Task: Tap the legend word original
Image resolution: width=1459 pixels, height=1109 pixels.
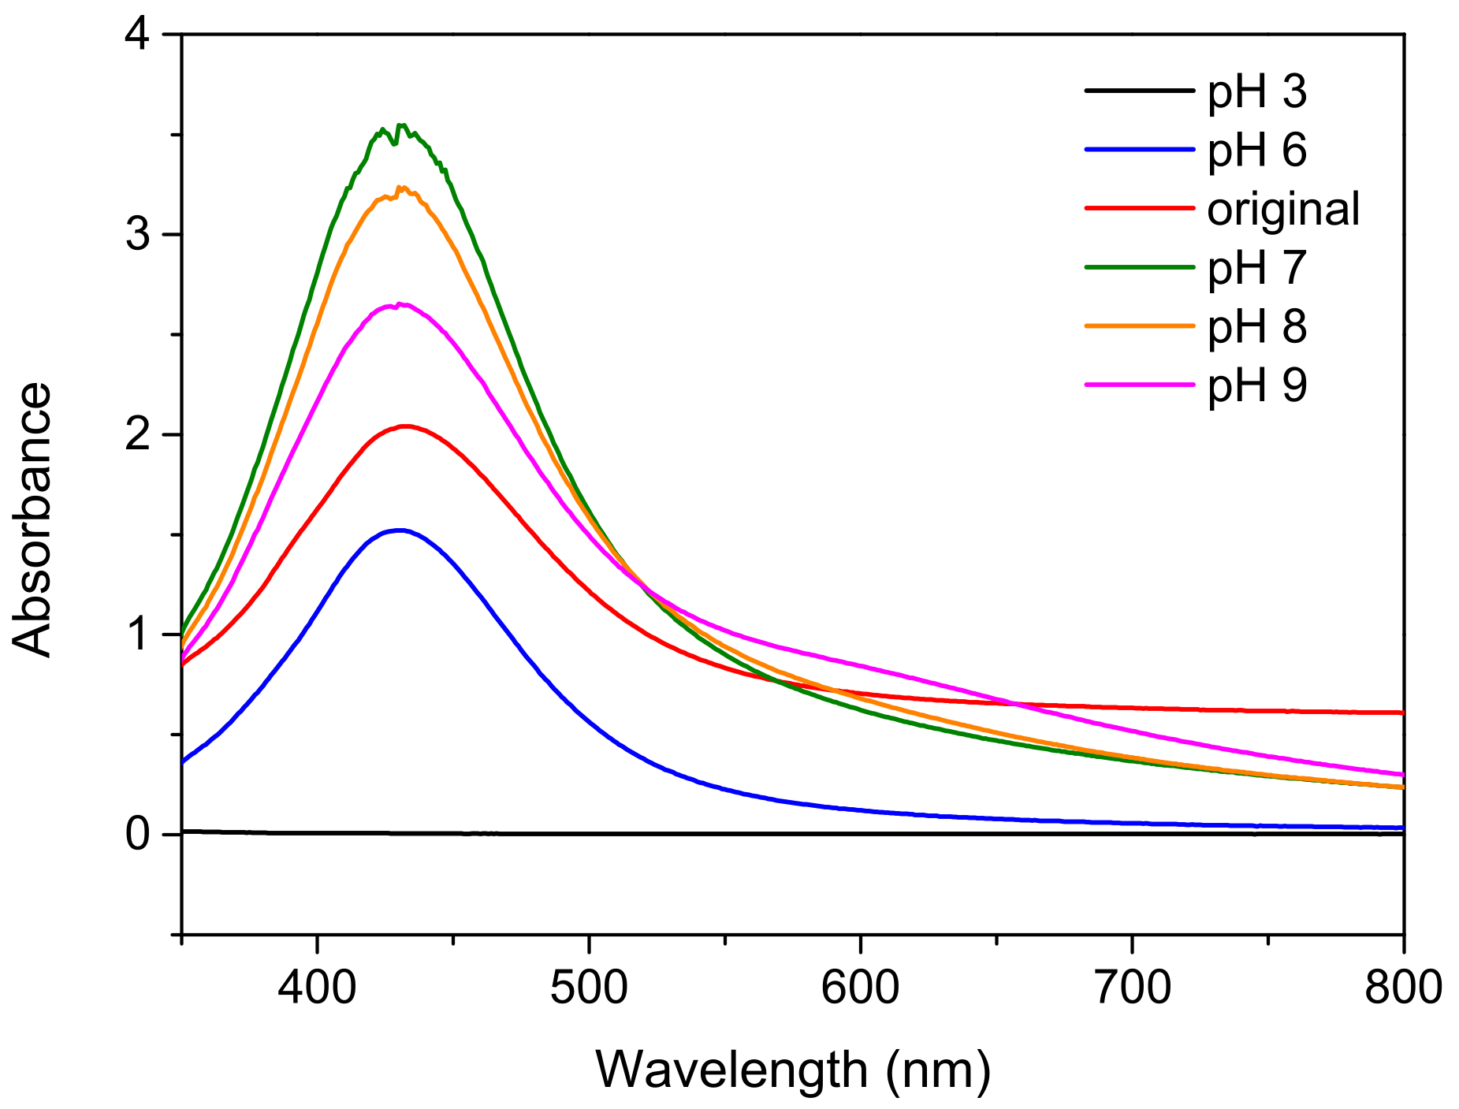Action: (x=1283, y=209)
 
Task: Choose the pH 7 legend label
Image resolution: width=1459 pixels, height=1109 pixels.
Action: (x=1256, y=268)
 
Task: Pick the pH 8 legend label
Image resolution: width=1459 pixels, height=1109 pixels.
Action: (x=1256, y=326)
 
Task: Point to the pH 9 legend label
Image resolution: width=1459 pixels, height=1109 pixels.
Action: (x=1256, y=385)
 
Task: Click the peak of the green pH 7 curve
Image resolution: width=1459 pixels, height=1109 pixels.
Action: (x=401, y=125)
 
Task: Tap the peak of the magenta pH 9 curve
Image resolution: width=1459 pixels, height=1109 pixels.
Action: (x=402, y=303)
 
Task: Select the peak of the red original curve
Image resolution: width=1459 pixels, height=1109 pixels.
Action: (x=405, y=426)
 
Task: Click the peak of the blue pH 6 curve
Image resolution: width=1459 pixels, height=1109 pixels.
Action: (x=400, y=530)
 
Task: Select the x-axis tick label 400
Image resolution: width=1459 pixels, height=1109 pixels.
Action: (x=318, y=988)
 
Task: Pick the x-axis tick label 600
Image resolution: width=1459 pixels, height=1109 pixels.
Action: (x=860, y=988)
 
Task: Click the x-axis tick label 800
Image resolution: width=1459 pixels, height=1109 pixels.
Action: (x=1403, y=988)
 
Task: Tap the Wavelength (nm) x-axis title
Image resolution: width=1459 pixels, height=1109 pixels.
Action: (x=793, y=1070)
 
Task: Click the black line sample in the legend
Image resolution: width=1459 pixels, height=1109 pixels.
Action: (x=1139, y=91)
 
